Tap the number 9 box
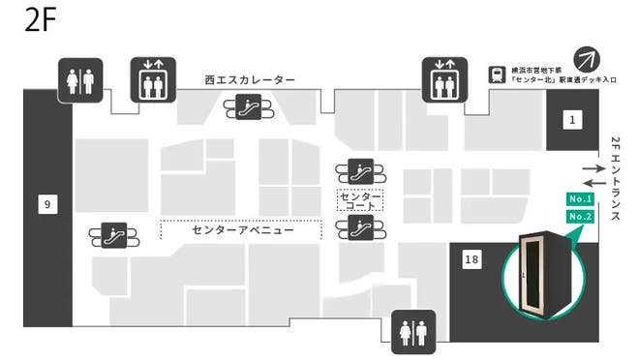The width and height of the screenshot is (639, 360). tap(46, 203)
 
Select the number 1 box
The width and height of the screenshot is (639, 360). tap(572, 120)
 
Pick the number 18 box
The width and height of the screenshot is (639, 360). tap(472, 259)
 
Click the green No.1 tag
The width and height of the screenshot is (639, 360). tap(580, 199)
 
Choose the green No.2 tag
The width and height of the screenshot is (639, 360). tap(580, 216)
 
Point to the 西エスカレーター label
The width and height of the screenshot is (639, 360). tap(250, 79)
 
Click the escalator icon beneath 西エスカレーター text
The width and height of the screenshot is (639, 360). tap(250, 108)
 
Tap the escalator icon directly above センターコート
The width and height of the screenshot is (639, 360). tap(360, 172)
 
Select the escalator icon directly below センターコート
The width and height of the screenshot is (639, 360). tap(360, 228)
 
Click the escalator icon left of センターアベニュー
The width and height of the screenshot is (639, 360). tap(114, 234)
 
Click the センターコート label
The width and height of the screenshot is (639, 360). tap(360, 200)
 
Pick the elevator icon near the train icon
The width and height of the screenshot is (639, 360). tap(444, 79)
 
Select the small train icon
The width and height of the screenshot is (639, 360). tap(496, 73)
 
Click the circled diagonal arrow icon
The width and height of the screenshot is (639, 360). tap(587, 58)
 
